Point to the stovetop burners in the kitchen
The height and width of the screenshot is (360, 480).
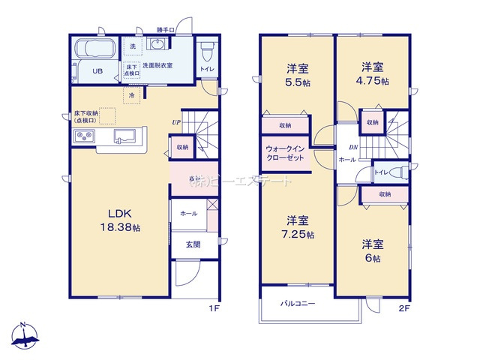pyautogui.click(x=83, y=136)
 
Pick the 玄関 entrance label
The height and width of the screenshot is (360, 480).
pyautogui.click(x=193, y=244)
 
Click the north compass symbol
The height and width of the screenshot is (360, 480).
pyautogui.click(x=24, y=335)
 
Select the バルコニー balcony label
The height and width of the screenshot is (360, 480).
pyautogui.click(x=298, y=304)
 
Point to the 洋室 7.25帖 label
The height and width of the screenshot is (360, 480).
pyautogui.click(x=298, y=227)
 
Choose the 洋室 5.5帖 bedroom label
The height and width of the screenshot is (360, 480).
pyautogui.click(x=298, y=75)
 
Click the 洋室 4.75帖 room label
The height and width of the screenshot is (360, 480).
pyautogui.click(x=373, y=73)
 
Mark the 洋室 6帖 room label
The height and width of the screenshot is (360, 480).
pyautogui.click(x=373, y=250)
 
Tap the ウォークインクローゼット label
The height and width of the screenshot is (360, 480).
pyautogui.click(x=284, y=154)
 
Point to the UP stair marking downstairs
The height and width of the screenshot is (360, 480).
pyautogui.click(x=175, y=122)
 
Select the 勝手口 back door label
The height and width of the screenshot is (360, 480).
pyautogui.click(x=166, y=30)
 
